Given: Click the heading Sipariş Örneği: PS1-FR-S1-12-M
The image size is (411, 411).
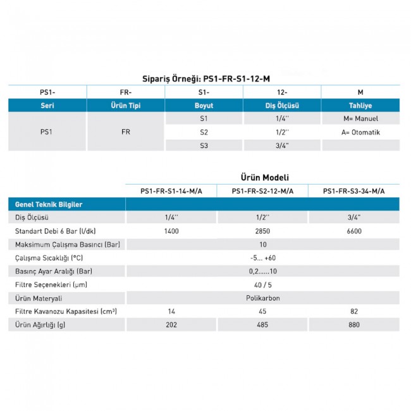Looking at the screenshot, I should pyautogui.click(x=205, y=78).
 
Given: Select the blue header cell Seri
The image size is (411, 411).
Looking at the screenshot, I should pyautogui.click(x=46, y=106).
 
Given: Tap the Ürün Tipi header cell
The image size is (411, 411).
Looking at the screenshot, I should pyautogui.click(x=125, y=106).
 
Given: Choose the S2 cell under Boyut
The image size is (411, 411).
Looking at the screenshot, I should pyautogui.click(x=203, y=132).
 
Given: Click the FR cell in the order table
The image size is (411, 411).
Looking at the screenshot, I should pyautogui.click(x=125, y=133).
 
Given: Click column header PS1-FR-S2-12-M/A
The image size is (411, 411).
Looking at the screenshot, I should pyautogui.click(x=262, y=191).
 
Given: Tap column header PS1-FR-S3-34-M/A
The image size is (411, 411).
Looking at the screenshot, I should pyautogui.click(x=353, y=191).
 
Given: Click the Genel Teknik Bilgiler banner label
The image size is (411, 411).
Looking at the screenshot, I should pyautogui.click(x=49, y=205).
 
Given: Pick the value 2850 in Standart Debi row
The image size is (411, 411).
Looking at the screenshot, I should pyautogui.click(x=262, y=231).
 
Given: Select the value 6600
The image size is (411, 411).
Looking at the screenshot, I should pyautogui.click(x=354, y=231).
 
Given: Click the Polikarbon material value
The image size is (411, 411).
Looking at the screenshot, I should pyautogui.click(x=262, y=298).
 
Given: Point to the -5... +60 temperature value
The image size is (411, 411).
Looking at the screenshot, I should pyautogui.click(x=262, y=258).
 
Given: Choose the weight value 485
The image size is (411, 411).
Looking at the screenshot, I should pyautogui.click(x=262, y=325).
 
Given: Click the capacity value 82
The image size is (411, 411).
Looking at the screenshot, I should pyautogui.click(x=354, y=311).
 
